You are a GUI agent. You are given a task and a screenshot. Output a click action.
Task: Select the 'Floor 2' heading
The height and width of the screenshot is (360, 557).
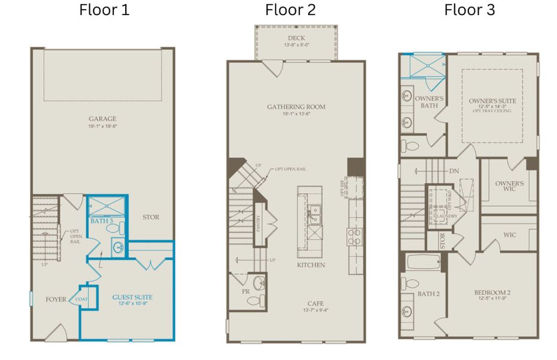click(290, 10)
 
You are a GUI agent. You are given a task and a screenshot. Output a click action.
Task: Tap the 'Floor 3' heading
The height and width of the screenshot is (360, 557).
click(469, 10)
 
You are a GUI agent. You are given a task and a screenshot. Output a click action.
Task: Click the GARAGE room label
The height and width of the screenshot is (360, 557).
click(103, 119)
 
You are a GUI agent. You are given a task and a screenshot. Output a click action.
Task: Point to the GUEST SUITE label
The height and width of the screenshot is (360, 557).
click(133, 297)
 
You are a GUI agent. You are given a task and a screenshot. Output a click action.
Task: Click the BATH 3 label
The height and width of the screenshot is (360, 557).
click(101, 221)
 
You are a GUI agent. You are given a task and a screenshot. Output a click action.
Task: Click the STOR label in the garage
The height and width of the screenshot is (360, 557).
click(150, 217)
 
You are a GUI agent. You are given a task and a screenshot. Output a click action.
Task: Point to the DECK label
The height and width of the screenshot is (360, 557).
click(296, 38)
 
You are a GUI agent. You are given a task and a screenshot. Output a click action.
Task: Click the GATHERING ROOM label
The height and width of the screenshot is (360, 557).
click(296, 107)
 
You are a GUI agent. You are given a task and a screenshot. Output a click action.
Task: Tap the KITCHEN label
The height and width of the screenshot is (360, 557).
click(311, 265)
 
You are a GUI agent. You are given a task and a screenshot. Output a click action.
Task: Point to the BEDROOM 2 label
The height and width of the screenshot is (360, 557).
click(492, 293)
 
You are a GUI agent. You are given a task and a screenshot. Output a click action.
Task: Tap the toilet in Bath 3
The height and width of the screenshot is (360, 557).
click(120, 229)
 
